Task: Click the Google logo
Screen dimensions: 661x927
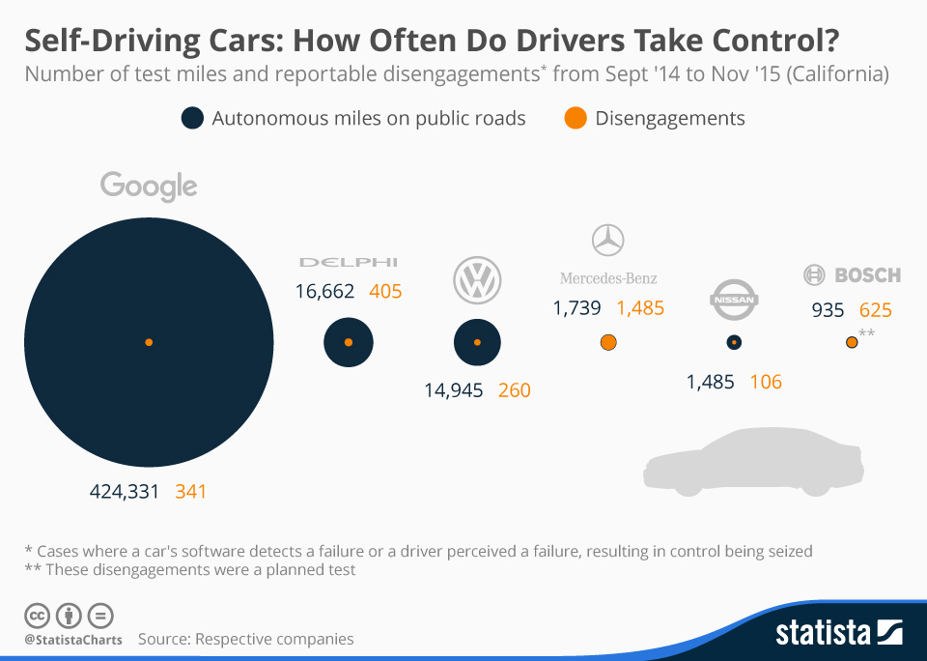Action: (x=149, y=186)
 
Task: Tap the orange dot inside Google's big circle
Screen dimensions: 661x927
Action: (x=149, y=342)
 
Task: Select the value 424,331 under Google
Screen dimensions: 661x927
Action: (x=124, y=491)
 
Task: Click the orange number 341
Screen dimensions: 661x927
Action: (x=191, y=491)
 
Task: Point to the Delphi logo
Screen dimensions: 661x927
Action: (x=348, y=262)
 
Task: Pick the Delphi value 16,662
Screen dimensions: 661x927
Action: (x=324, y=291)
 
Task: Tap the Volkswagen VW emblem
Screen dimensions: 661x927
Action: (x=477, y=280)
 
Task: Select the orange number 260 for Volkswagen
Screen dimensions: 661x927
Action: (x=515, y=390)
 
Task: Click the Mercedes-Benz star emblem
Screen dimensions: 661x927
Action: (x=608, y=240)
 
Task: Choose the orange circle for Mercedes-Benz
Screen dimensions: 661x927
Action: (x=608, y=342)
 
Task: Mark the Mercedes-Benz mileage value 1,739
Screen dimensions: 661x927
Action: (x=577, y=308)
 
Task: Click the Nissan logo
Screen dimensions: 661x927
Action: (x=733, y=299)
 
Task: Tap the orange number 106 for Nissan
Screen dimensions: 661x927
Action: (x=766, y=382)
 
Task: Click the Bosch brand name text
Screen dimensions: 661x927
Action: (x=866, y=275)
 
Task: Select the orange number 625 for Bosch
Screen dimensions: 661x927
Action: (x=875, y=310)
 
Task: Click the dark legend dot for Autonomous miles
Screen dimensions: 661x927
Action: (x=192, y=119)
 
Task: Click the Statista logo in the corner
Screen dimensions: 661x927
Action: (x=839, y=633)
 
